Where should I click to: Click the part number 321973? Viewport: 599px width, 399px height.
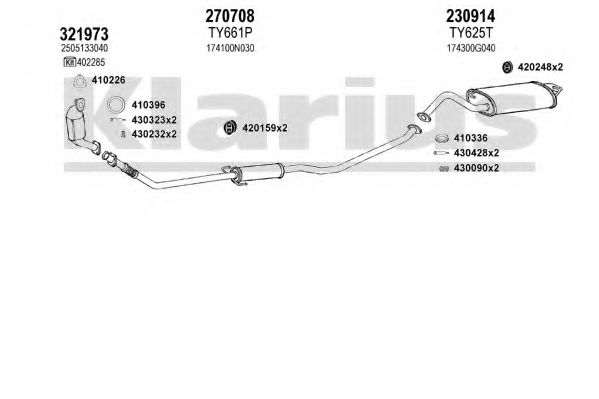(x=84, y=34)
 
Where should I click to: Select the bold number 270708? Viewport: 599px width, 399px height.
(x=230, y=16)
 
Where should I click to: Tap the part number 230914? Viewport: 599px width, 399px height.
(x=471, y=16)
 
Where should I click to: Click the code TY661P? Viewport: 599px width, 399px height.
(x=230, y=33)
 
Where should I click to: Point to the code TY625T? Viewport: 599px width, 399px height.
(x=471, y=33)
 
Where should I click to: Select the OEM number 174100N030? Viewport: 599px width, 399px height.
(x=230, y=49)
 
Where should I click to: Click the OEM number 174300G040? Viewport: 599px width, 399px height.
(x=471, y=48)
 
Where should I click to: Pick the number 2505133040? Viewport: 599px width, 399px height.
(x=84, y=48)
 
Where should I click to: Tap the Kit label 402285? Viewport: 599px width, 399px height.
(x=91, y=62)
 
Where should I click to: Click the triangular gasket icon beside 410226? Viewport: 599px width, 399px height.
(x=79, y=81)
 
